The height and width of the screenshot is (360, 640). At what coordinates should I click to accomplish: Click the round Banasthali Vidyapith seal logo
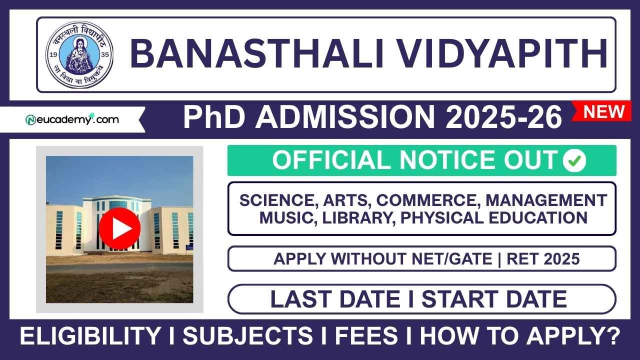(x=79, y=54)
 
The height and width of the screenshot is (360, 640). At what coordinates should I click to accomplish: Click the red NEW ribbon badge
(x=604, y=111)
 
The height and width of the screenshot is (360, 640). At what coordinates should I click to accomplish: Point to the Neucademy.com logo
(x=72, y=120)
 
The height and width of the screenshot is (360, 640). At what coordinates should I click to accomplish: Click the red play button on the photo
(x=119, y=228)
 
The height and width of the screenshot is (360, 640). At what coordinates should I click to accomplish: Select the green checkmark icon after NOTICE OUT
(x=574, y=160)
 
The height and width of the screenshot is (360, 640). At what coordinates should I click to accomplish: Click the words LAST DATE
(x=335, y=299)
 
